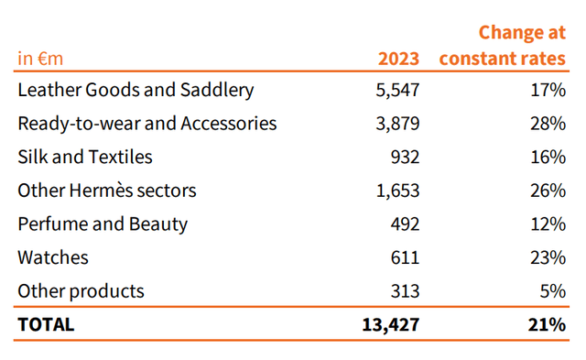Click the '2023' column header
(x=399, y=59)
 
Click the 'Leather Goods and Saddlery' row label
(x=136, y=91)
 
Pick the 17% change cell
(x=548, y=91)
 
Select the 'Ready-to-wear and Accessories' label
(x=146, y=124)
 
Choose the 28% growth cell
(x=548, y=124)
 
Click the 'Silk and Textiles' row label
(x=85, y=158)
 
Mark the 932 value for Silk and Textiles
(x=404, y=158)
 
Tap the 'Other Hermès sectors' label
(x=107, y=191)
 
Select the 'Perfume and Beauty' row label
(x=103, y=224)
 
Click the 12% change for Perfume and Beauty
(x=548, y=224)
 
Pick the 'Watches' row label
(x=53, y=257)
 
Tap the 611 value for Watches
(x=404, y=257)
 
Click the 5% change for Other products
(x=553, y=291)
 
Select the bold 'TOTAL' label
(x=46, y=324)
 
